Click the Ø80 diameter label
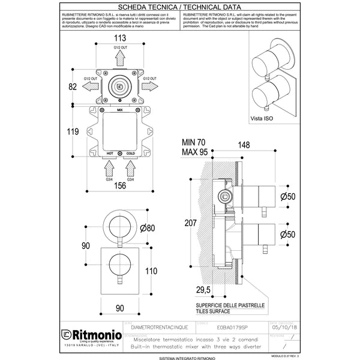click(x=147, y=228)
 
